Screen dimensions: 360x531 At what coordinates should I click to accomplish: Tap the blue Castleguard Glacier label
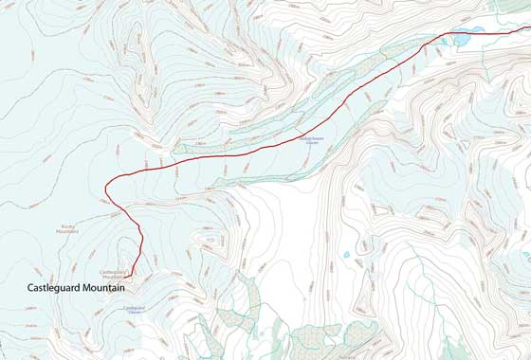[x=134, y=309]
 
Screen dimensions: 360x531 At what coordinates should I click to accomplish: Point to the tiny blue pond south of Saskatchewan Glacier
[x=347, y=254]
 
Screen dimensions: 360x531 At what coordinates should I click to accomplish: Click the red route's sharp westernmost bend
[x=105, y=189]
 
